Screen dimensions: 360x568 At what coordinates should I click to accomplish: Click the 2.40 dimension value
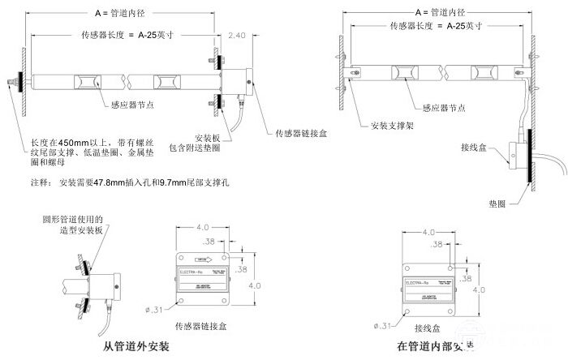[x=237, y=36]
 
